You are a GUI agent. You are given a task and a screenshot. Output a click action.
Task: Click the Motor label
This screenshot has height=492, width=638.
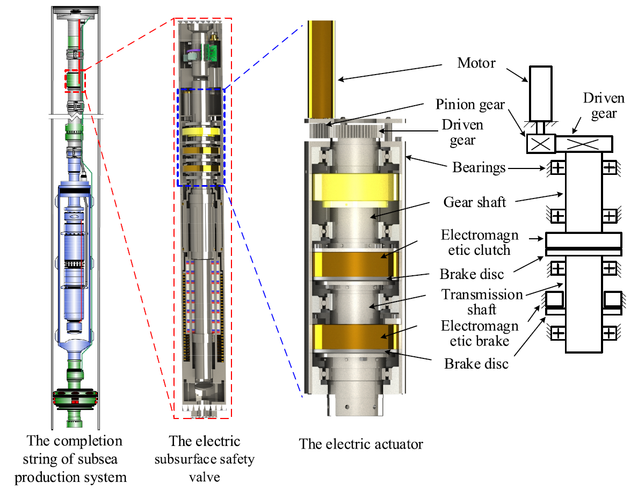tap(476, 63)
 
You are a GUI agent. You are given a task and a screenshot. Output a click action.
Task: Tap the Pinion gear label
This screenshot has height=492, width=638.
tap(470, 105)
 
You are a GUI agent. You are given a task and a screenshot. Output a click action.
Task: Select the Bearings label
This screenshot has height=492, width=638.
tap(479, 167)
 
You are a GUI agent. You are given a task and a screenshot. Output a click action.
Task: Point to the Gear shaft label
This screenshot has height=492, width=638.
tap(474, 202)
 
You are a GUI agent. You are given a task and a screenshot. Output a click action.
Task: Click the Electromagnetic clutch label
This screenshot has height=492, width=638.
tap(480, 243)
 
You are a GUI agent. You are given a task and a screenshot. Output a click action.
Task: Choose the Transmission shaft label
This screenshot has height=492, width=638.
tap(482, 302)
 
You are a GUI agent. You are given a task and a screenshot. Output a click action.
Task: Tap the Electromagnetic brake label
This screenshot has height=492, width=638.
tap(480, 333)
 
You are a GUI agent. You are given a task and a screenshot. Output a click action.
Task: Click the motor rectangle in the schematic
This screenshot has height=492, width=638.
tap(540, 93)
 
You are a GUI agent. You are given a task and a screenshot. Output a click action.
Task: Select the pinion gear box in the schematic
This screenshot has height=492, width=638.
tap(541, 144)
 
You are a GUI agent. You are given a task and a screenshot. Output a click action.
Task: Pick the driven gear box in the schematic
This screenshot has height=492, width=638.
tap(584, 144)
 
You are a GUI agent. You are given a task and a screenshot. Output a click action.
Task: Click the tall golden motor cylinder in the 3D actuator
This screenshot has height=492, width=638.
tap(322, 69)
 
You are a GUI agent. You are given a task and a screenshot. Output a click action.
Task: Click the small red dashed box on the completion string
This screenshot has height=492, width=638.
tap(75, 81)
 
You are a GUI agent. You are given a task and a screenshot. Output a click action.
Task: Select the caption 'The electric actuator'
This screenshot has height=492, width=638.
tap(361, 444)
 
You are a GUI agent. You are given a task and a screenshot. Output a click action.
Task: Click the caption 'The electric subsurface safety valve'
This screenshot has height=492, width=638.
tap(204, 459)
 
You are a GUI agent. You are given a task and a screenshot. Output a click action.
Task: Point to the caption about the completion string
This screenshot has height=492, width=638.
tap(71, 459)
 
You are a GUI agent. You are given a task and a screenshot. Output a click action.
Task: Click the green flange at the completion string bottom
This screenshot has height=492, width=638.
tap(75, 398)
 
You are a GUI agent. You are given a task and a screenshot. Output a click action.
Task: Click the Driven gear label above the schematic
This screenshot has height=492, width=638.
tap(604, 106)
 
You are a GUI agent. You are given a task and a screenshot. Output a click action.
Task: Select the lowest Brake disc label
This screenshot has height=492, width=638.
tap(476, 364)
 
